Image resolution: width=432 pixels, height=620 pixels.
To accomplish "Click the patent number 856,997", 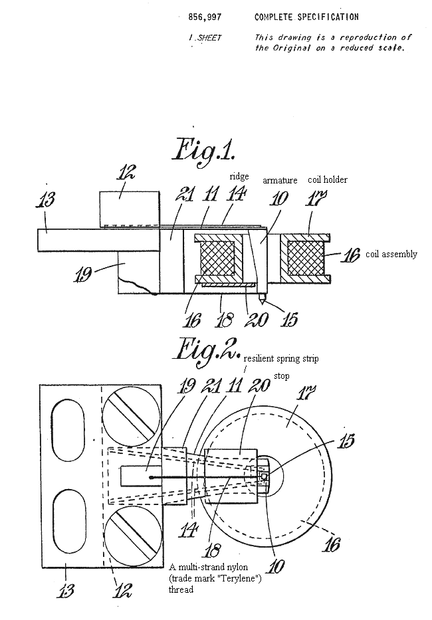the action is coord(205,17).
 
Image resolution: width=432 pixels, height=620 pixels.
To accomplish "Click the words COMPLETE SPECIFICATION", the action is coord(306,17).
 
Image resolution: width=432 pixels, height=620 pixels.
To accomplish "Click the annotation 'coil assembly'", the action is coord(391,254).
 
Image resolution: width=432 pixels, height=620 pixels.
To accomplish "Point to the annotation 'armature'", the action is coord(280,180).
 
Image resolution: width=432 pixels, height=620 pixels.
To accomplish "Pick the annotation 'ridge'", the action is coord(239,176).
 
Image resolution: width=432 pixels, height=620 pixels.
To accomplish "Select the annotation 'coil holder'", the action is coord(328,179).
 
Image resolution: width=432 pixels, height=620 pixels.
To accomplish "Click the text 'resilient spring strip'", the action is coord(281,359).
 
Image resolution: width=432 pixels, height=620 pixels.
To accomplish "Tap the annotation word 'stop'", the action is coord(282,376).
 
